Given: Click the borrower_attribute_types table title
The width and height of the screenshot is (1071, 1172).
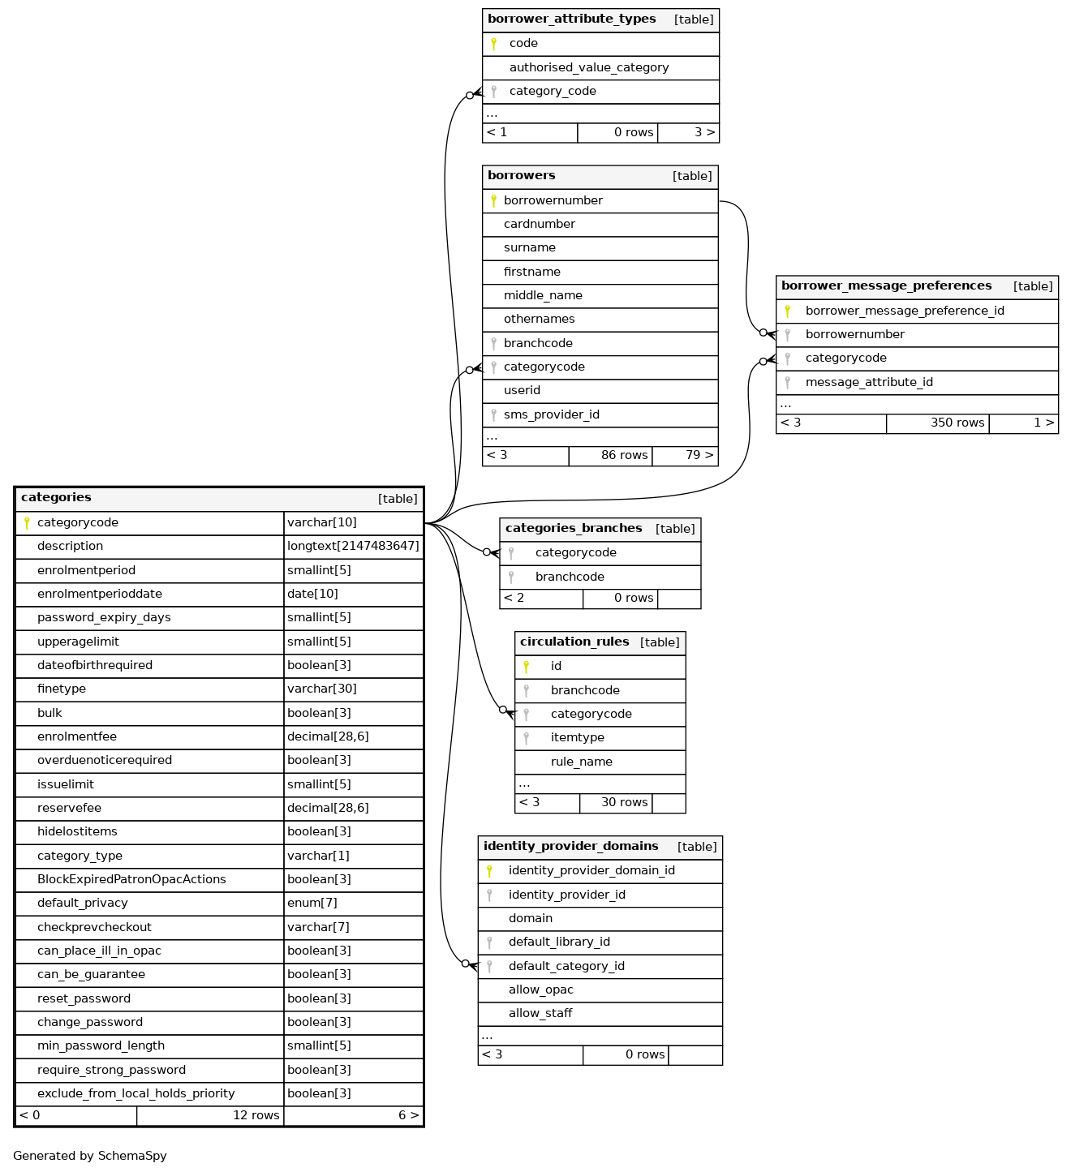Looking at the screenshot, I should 571,19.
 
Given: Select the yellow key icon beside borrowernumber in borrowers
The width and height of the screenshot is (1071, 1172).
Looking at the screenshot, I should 493,200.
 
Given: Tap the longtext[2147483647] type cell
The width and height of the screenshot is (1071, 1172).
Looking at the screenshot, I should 353,546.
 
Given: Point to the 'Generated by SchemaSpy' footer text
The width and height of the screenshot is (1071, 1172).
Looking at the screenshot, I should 90,1156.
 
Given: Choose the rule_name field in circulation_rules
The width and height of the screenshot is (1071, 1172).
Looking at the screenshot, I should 581,762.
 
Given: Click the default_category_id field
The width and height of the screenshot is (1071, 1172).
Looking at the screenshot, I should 566,966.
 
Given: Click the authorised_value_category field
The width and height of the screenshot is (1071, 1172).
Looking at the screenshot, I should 588,67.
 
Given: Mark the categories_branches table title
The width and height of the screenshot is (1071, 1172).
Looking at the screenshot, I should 573,529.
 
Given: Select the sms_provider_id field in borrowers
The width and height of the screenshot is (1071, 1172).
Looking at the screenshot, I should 551,414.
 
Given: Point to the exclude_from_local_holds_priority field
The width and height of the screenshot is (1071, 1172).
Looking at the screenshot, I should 135,1093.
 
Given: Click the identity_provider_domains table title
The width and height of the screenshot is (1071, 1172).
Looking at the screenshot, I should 570,847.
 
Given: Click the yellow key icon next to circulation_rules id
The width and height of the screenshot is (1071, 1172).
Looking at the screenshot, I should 526,667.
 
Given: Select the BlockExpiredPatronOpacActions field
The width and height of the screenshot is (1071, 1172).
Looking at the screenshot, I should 131,879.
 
